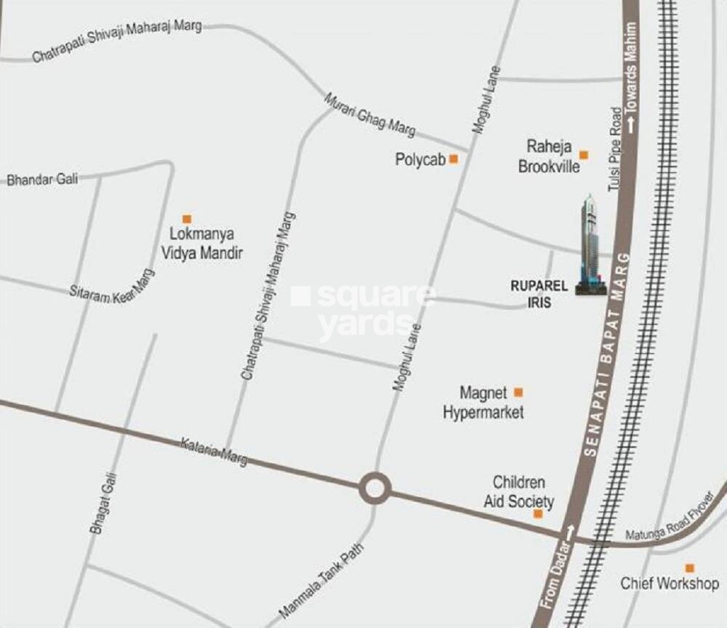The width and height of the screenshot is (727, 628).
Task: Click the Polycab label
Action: click(x=419, y=159)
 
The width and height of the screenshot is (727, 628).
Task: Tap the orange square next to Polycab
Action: click(x=454, y=158)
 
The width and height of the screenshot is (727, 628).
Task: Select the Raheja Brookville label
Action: click(x=549, y=157)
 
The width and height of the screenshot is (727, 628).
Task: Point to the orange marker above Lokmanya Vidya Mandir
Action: click(x=187, y=219)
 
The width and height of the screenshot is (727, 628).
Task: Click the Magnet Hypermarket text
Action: click(x=483, y=403)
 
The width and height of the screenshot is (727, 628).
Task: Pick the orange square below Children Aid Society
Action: click(x=538, y=514)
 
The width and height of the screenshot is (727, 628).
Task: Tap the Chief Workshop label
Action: click(x=670, y=583)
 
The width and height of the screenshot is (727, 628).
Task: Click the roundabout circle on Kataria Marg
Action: click(x=374, y=488)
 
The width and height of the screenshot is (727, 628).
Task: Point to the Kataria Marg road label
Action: click(x=214, y=451)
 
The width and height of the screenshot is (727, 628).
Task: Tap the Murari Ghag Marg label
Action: click(x=369, y=115)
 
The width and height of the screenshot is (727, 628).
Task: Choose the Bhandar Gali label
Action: click(x=42, y=179)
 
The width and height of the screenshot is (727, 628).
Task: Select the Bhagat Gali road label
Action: click(x=103, y=503)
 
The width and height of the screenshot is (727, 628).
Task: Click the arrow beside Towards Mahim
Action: click(x=632, y=124)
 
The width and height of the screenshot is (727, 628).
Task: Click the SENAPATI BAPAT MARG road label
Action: click(x=608, y=353)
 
